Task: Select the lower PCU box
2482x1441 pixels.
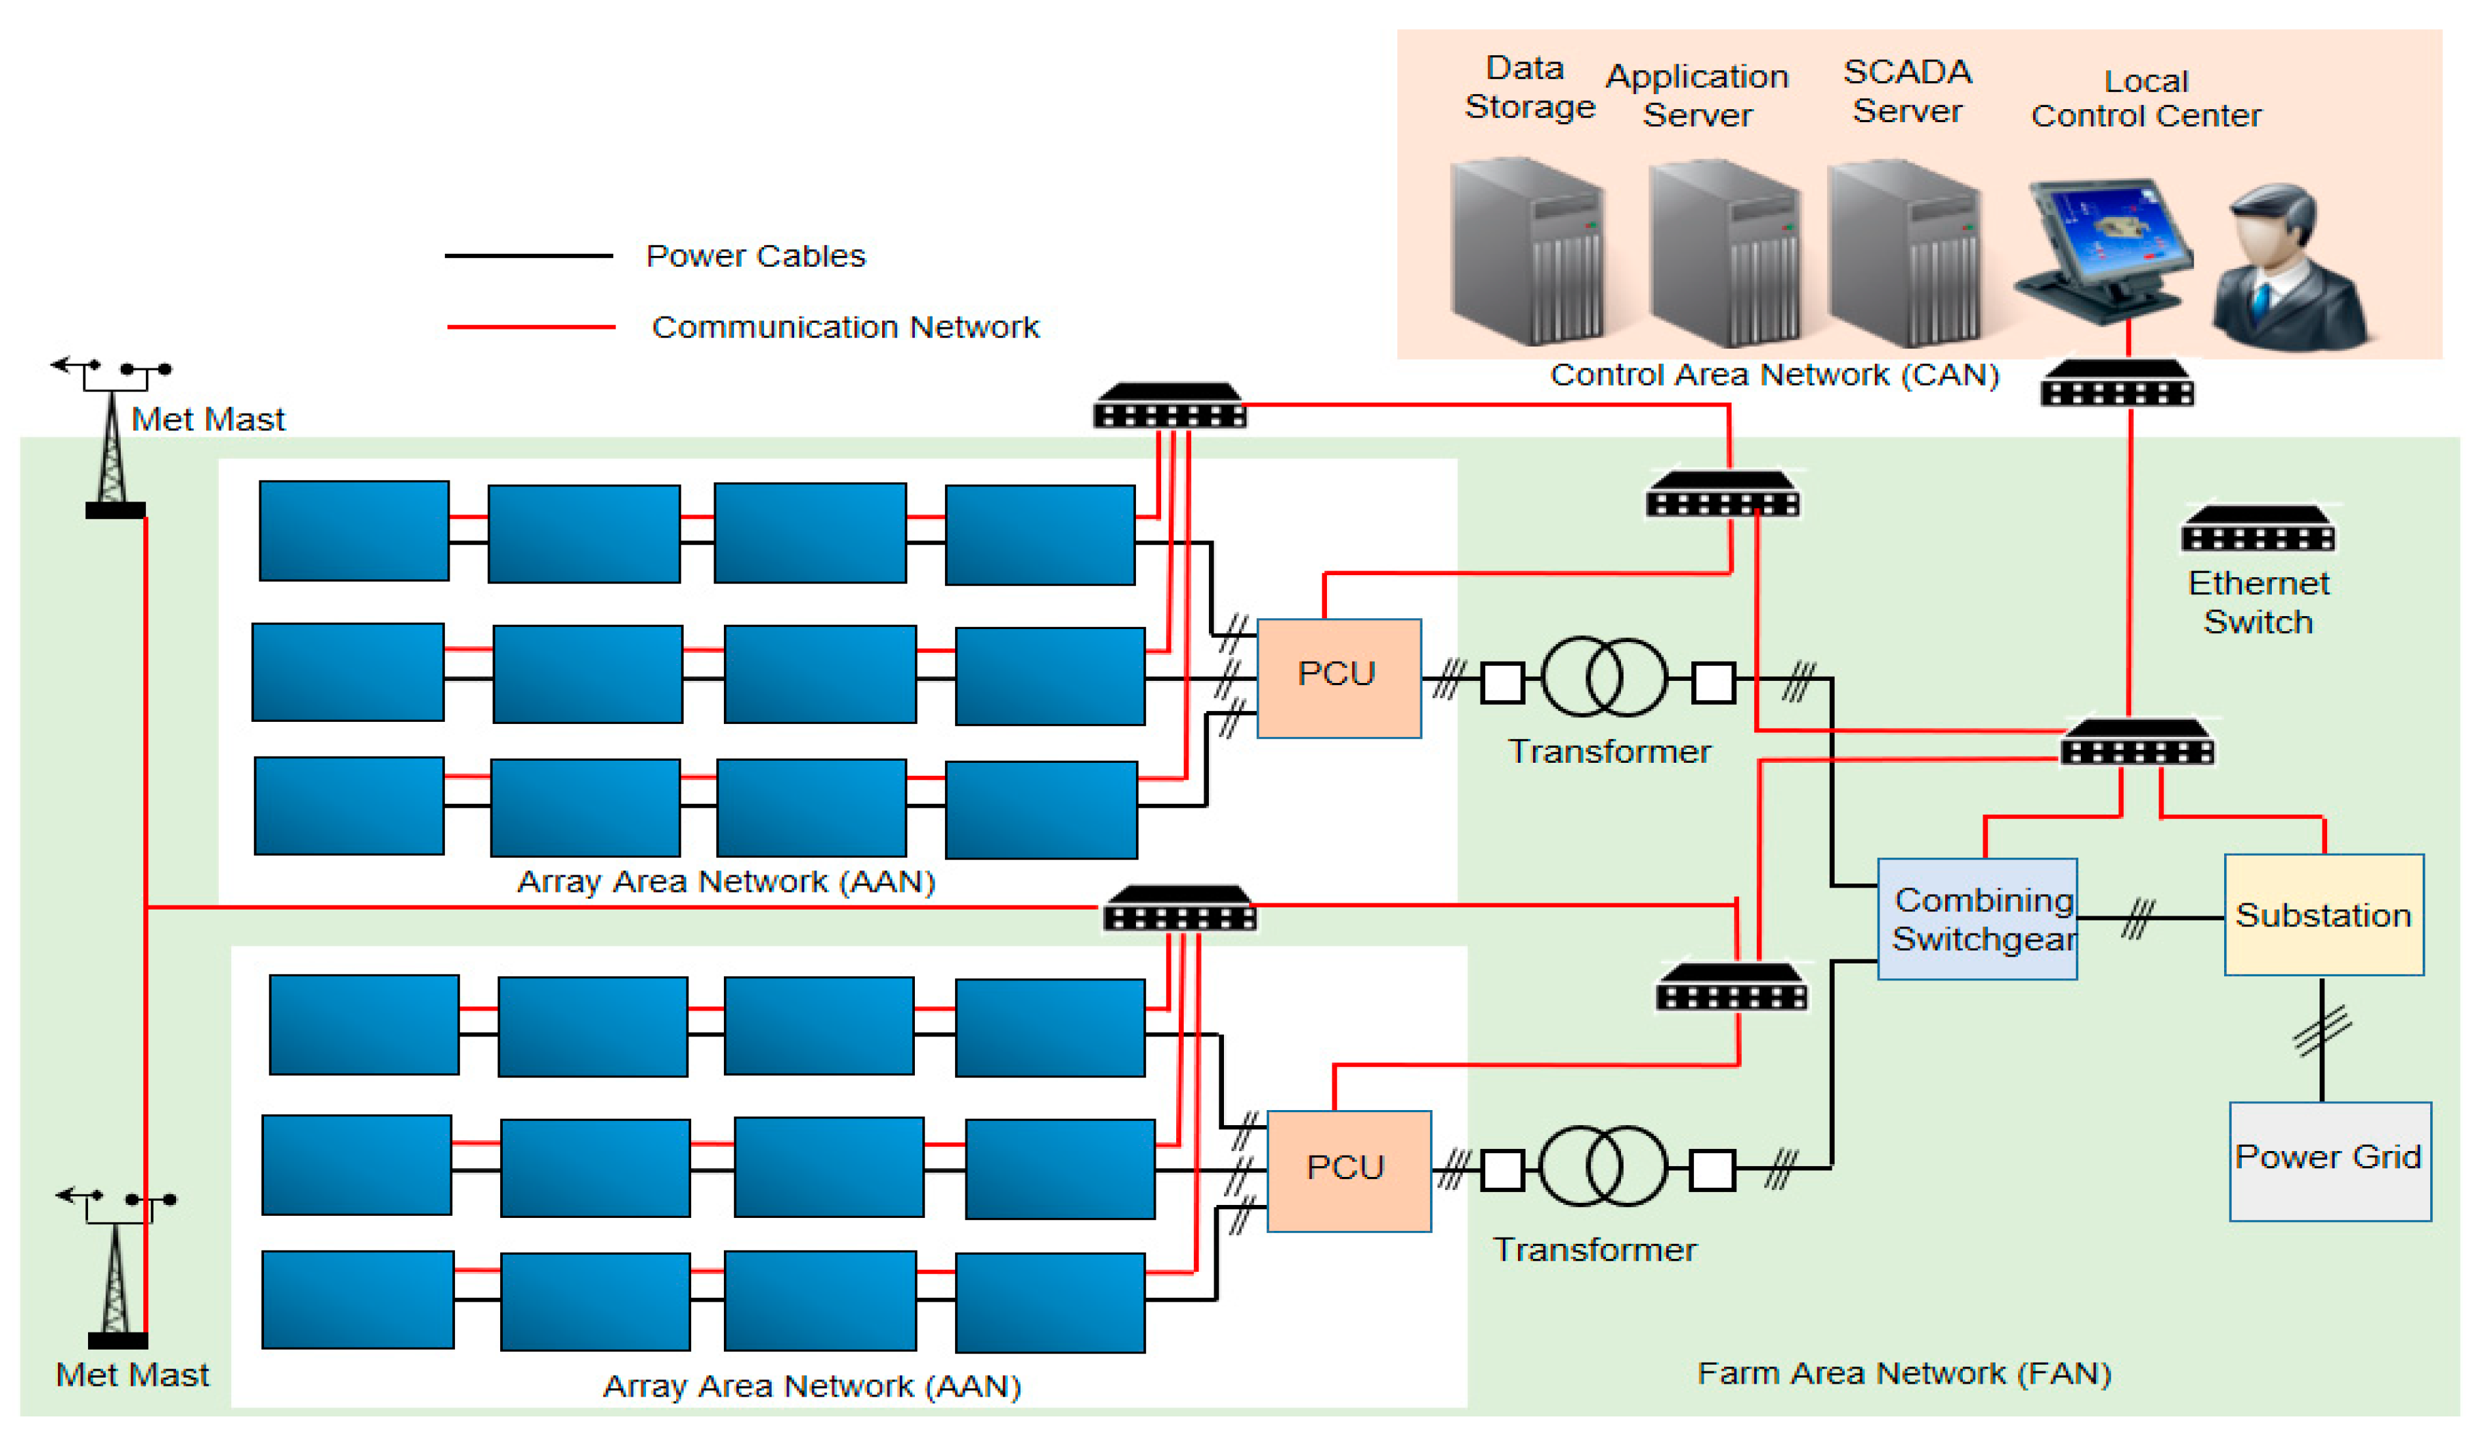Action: point(1348,1170)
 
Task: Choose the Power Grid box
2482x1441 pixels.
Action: point(2329,1161)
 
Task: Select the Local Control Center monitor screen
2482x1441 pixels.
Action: point(2107,236)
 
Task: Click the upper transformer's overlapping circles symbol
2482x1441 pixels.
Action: point(1603,677)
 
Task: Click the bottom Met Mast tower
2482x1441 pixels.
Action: point(116,1275)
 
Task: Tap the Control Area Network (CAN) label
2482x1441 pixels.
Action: point(1774,375)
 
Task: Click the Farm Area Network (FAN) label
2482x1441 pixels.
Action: point(1903,1372)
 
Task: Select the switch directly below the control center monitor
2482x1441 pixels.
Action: point(2116,384)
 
